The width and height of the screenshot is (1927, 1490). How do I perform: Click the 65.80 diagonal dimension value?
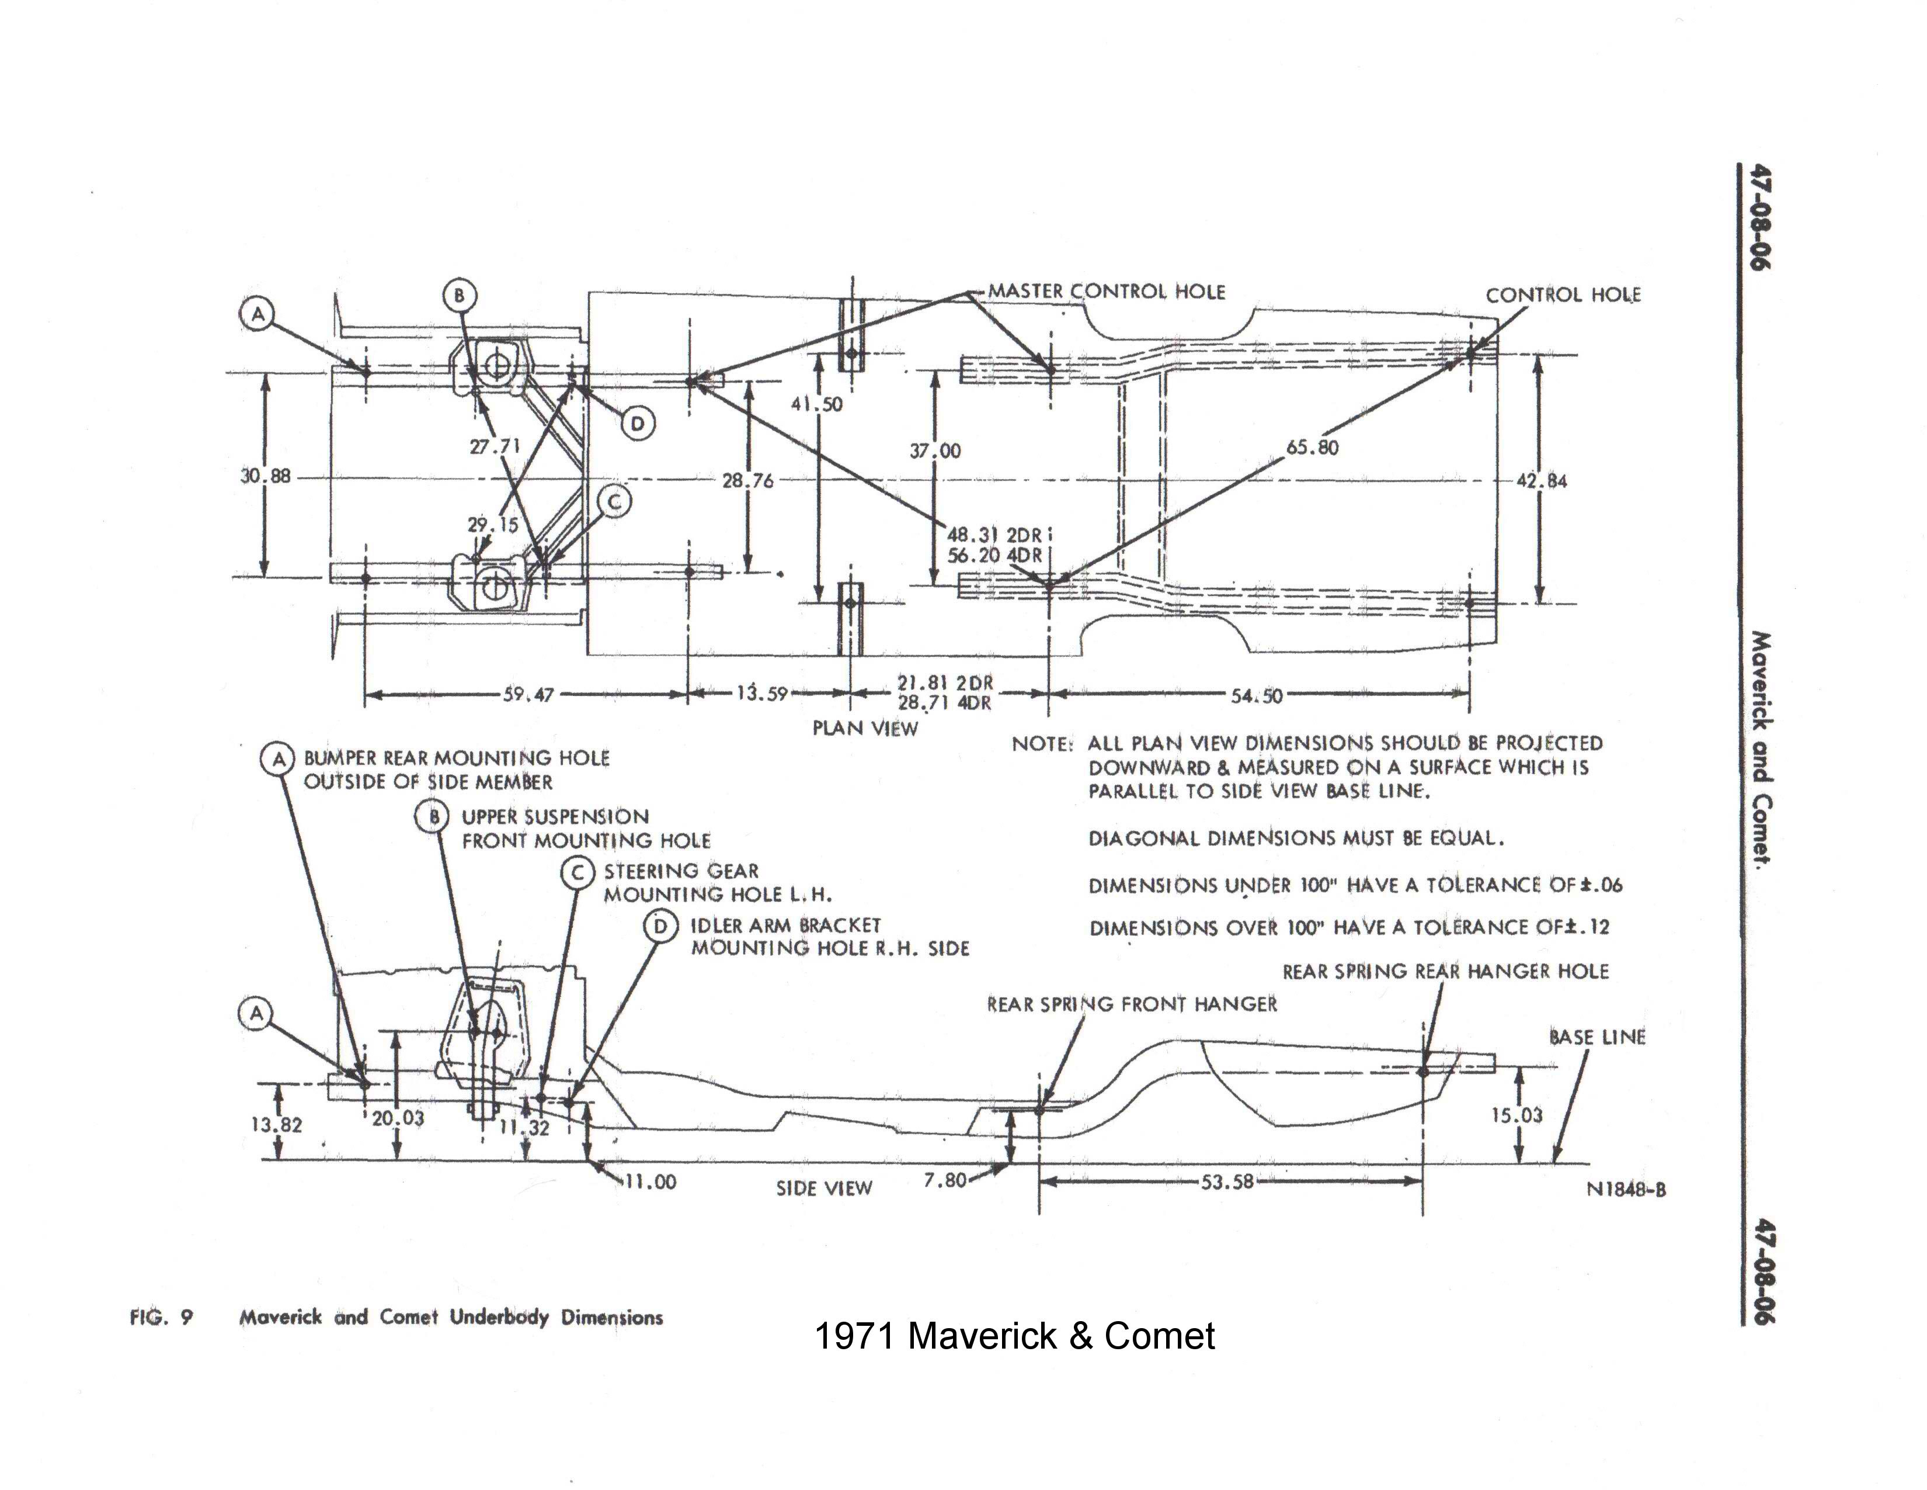(1312, 448)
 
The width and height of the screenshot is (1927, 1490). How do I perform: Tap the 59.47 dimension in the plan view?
(528, 695)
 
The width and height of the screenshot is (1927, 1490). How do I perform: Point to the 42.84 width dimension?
(1542, 481)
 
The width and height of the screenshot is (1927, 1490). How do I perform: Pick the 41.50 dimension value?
(816, 404)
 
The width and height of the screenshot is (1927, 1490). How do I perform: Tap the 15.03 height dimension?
(1516, 1115)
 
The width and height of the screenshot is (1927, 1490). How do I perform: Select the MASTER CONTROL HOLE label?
(1107, 292)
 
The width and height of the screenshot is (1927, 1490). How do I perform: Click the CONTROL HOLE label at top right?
(1563, 295)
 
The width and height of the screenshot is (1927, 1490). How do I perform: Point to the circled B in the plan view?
(459, 295)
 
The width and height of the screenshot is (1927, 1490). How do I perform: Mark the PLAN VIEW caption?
(865, 728)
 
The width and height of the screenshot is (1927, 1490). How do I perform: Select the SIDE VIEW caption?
(823, 1188)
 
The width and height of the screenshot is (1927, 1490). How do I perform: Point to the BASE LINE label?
(1597, 1037)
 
